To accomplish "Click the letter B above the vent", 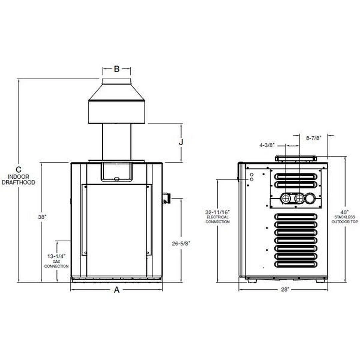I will coord(117,69).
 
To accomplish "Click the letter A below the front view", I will coord(117,290).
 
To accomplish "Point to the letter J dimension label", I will coord(181,142).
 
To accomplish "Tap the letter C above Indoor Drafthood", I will coord(19,169).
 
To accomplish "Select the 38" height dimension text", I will coord(42,217).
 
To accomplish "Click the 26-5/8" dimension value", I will coord(181,243).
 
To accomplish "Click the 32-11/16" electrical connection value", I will coord(217,212).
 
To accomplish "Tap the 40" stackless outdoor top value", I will coord(345,212).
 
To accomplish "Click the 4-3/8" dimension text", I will coord(267,145).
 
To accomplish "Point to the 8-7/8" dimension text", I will coord(314,138).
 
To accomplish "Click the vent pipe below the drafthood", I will coord(117,142).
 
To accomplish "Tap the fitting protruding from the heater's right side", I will coord(166,198).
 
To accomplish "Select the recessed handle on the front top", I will coord(117,172).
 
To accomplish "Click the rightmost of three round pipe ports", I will coord(310,199).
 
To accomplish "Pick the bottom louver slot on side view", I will coord(296,264).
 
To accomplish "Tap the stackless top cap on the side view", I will coord(296,158).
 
